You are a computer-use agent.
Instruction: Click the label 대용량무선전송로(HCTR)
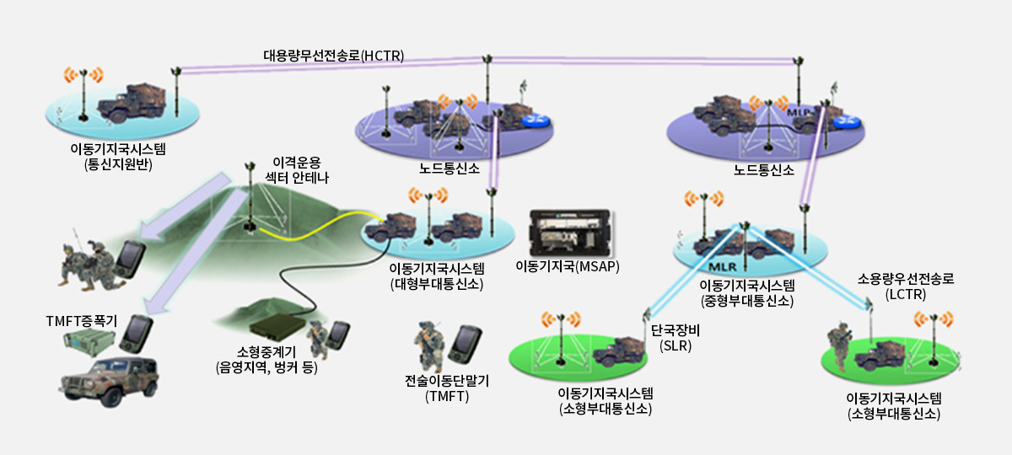[x=334, y=56]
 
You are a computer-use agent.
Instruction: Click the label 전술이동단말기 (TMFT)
[x=446, y=388]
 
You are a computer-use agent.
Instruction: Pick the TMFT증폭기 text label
[x=81, y=321]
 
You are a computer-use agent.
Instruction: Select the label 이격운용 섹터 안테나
[x=298, y=169]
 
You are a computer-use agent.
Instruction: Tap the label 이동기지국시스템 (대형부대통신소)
[x=436, y=275]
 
